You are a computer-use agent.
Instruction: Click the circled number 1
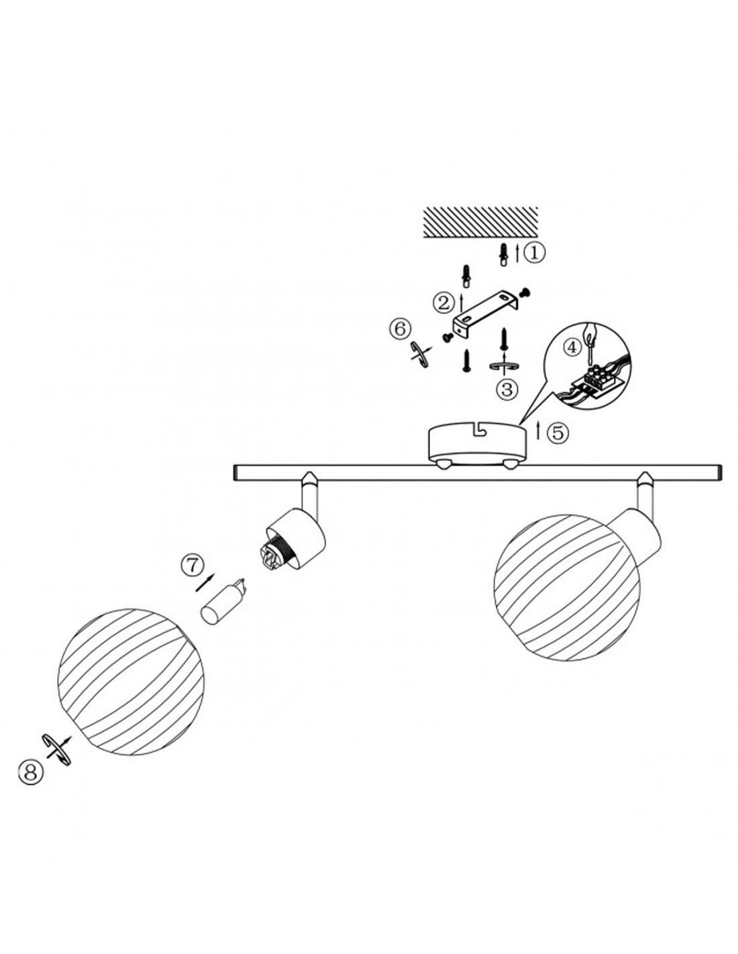point(534,253)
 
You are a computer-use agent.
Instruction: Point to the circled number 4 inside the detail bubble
point(571,348)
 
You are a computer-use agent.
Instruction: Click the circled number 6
point(400,329)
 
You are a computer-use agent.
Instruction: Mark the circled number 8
point(31,772)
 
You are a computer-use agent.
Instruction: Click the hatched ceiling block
point(481,222)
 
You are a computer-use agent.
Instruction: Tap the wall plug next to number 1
point(504,255)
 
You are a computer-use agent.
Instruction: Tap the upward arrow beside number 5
point(539,431)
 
